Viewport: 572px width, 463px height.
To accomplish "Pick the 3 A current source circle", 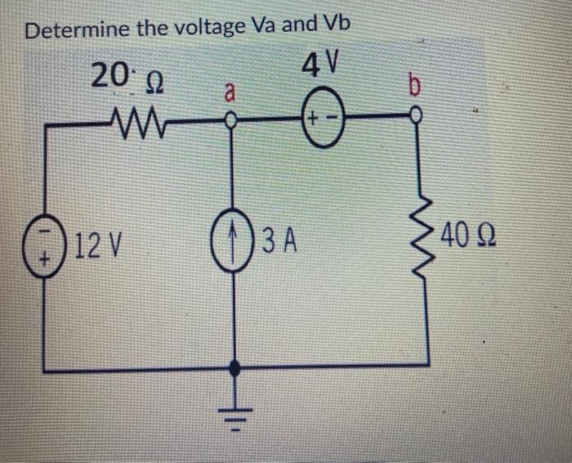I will click(x=237, y=243).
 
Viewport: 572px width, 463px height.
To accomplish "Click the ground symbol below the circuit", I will click(x=238, y=412).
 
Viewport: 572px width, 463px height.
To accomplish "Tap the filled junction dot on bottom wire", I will click(x=238, y=370).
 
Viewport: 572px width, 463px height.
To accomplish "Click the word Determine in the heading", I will click(x=78, y=30).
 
